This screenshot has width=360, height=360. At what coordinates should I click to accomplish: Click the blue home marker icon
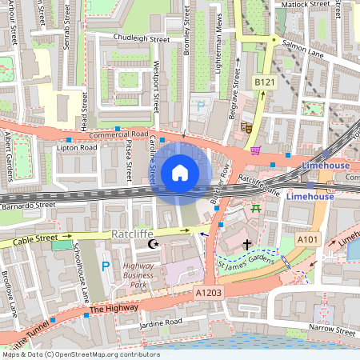180,172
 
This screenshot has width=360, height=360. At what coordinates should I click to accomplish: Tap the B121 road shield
264,82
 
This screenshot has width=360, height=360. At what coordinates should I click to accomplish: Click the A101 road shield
307,239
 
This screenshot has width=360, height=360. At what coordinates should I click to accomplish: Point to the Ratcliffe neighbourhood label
131,235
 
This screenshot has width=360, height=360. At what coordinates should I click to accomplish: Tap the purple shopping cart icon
255,150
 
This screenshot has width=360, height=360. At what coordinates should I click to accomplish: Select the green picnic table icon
256,208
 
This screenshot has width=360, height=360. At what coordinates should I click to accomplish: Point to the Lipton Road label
76,148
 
